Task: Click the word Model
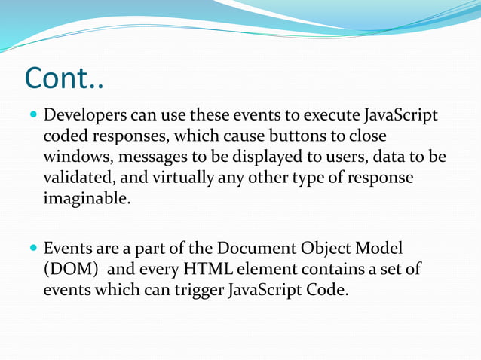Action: click(x=384, y=248)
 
